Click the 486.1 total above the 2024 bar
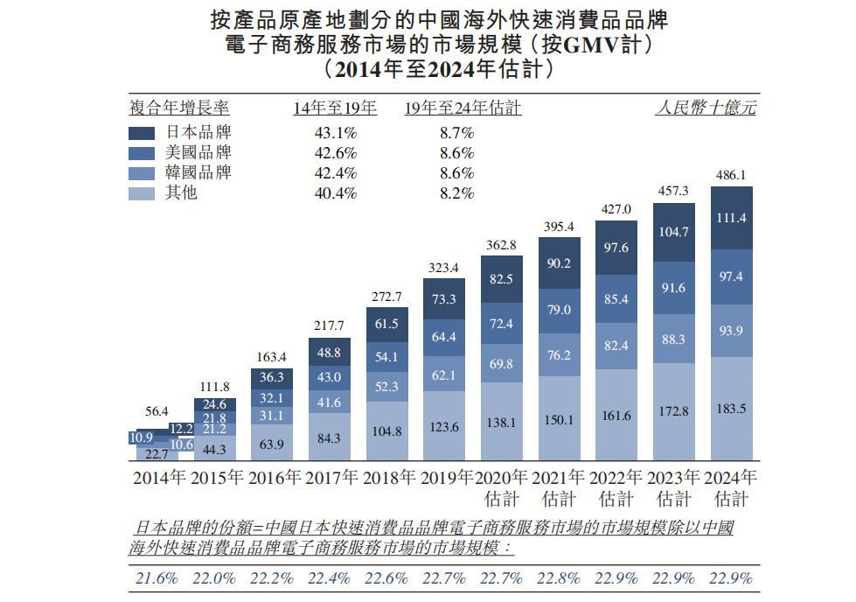pyautogui.click(x=732, y=175)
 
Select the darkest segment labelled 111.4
pyautogui.click(x=732, y=218)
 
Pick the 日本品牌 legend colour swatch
pyautogui.click(x=142, y=134)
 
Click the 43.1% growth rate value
pyautogui.click(x=335, y=133)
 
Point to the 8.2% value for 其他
pyautogui.click(x=456, y=193)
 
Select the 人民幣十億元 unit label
pyautogui.click(x=706, y=108)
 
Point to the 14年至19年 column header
pyautogui.click(x=335, y=108)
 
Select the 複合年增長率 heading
pyautogui.click(x=179, y=108)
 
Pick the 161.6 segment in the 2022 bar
pyautogui.click(x=616, y=416)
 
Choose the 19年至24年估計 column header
pyautogui.click(x=463, y=108)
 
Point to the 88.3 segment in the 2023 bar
pyautogui.click(x=674, y=339)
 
